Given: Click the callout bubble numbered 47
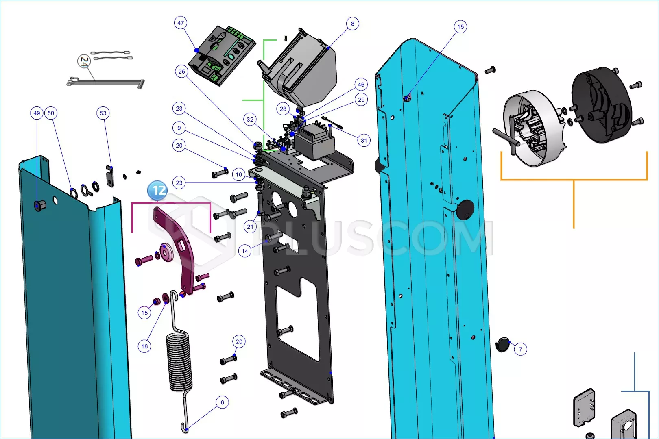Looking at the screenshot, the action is (181, 23).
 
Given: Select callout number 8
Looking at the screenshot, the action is (352, 24).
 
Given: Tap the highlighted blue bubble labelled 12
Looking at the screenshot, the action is (157, 191).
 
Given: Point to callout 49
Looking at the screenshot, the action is (37, 113).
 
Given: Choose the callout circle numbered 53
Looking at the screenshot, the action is (103, 113).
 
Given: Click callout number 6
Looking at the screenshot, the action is (222, 402).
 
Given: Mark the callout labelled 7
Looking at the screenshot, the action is (520, 349).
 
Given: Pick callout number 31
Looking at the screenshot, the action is (364, 141).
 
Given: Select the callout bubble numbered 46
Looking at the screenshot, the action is (361, 85).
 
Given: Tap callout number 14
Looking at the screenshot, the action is (245, 251).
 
